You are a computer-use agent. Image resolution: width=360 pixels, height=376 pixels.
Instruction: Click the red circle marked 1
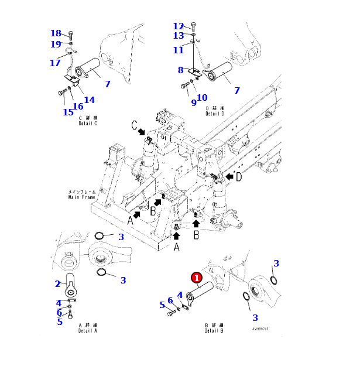[x=197, y=278]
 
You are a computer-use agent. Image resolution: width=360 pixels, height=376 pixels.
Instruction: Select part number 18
[x=56, y=33]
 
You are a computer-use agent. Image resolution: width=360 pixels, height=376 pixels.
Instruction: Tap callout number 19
[x=56, y=44]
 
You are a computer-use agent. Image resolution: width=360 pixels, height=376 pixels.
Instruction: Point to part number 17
[x=55, y=63]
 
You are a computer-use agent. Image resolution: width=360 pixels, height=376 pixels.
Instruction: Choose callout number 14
[x=89, y=100]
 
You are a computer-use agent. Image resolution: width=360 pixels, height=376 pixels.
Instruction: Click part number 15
[x=68, y=112]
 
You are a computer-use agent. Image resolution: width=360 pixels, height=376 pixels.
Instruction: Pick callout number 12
[x=179, y=26]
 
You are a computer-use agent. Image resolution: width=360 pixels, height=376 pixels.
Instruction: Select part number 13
[x=179, y=36]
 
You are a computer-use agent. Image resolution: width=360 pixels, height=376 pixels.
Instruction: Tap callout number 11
[x=179, y=50]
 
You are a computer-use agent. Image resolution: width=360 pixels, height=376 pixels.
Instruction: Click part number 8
[x=181, y=70]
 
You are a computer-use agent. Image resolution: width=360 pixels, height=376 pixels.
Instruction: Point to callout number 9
[x=194, y=102]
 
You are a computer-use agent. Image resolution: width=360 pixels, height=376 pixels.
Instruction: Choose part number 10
[x=202, y=97]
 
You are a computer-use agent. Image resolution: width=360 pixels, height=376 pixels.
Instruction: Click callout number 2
[x=58, y=284]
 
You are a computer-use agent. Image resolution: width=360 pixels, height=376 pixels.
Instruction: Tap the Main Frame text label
[x=81, y=194]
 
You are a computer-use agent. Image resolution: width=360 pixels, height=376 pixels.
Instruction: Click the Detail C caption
[x=88, y=121]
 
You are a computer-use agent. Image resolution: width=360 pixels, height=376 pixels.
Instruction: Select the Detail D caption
[x=215, y=111]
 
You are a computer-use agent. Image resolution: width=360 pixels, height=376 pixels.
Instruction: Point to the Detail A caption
[x=88, y=328]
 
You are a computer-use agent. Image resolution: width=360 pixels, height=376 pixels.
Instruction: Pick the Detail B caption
[x=215, y=329]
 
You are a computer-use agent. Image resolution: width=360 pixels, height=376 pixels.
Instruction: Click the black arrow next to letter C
[x=142, y=134]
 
